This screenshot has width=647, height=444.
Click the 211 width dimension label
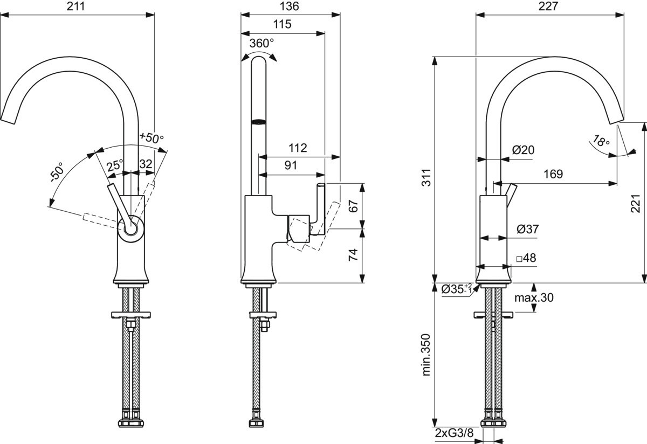tap(78, 6)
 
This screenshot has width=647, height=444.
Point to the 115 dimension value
tap(283, 24)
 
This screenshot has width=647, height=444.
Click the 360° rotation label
tap(261, 44)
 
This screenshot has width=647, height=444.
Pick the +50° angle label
tap(152, 138)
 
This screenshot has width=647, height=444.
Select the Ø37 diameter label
tap(527, 229)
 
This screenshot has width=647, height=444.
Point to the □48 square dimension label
tap(526, 258)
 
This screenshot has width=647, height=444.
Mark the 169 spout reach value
tap(553, 174)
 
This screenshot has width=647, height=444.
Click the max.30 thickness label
tap(533, 297)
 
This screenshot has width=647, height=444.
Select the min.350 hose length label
tap(426, 354)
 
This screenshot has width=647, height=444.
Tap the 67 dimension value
tap(353, 206)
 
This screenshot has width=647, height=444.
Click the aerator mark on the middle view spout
tap(259, 121)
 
